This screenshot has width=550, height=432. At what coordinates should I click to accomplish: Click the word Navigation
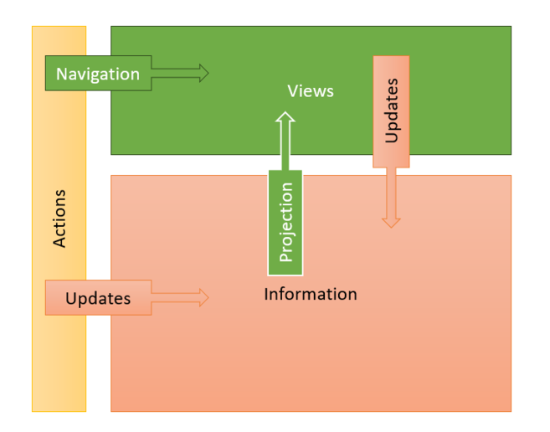click(98, 75)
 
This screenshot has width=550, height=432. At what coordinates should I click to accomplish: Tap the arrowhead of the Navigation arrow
click(204, 73)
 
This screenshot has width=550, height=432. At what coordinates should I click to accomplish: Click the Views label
click(311, 91)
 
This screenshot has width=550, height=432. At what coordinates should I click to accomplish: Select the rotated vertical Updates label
click(392, 111)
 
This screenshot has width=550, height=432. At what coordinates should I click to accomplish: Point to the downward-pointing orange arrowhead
click(391, 224)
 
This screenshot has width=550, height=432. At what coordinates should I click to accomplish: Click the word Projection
click(285, 223)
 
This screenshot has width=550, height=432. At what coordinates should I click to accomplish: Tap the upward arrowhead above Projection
click(285, 117)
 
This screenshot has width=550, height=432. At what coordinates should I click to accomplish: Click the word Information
click(311, 294)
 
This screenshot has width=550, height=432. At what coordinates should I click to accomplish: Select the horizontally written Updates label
click(98, 299)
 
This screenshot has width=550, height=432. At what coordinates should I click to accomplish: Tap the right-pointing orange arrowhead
click(204, 297)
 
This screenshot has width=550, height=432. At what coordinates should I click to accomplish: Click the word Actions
click(59, 219)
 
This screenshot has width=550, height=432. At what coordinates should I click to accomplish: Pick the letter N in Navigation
click(62, 74)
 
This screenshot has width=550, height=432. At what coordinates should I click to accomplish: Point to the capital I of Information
click(266, 294)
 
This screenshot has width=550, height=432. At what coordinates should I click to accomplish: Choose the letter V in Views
click(294, 91)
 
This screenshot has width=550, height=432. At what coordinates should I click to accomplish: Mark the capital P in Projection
click(285, 257)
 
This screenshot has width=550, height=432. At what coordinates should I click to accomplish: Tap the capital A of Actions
click(59, 242)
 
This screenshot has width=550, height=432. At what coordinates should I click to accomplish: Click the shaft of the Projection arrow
click(285, 146)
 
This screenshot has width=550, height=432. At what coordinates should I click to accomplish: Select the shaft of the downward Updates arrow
click(391, 193)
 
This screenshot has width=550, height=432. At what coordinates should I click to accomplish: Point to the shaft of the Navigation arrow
click(176, 73)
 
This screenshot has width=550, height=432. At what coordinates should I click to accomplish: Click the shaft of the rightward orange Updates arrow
click(176, 297)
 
